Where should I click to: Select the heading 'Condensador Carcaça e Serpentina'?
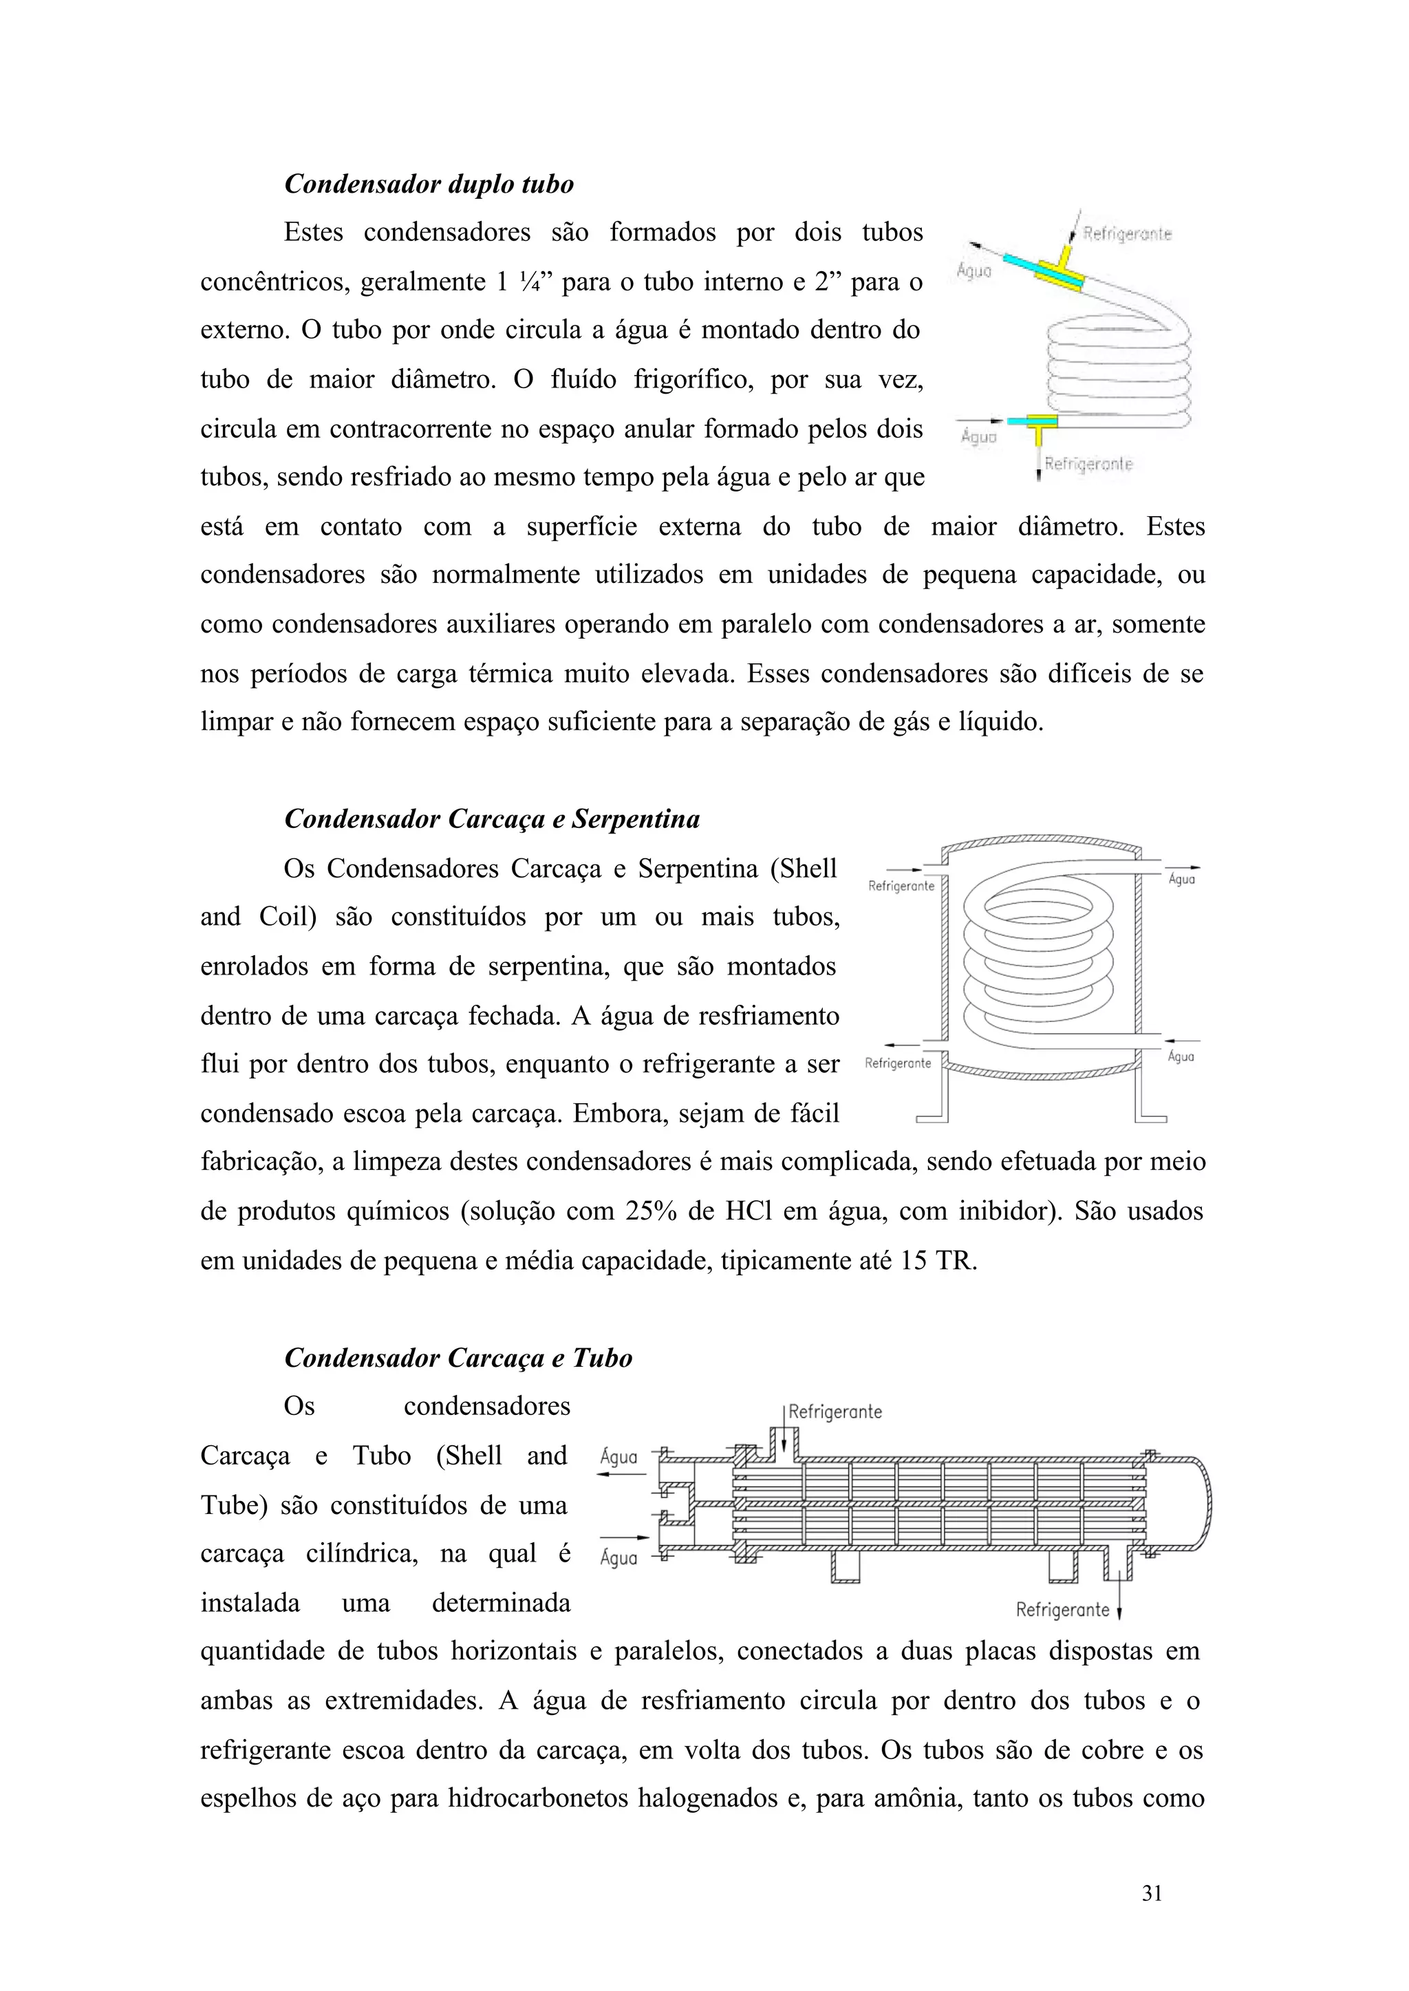[492, 819]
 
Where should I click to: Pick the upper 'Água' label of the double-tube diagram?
[974, 270]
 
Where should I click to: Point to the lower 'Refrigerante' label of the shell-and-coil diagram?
[898, 1063]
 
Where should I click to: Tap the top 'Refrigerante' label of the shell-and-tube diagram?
[835, 1412]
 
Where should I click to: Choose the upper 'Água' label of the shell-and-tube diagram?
[619, 1457]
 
